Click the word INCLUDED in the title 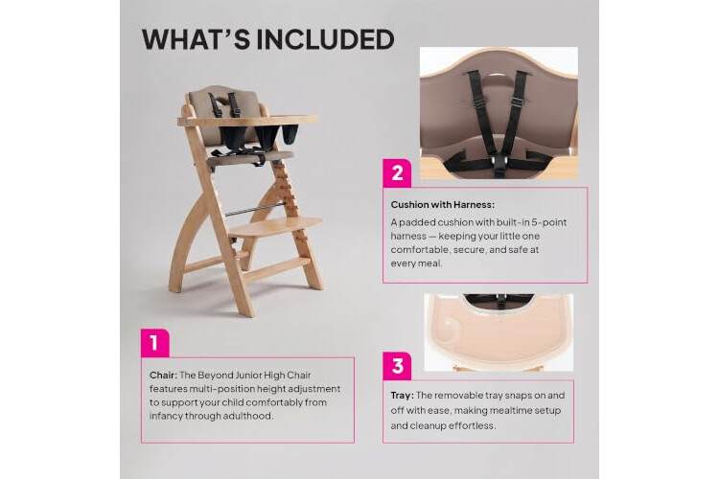325,39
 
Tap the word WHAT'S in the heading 196,39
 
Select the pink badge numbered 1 155,343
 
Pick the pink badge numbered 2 397,173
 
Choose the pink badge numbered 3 397,366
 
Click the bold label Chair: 163,375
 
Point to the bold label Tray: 402,395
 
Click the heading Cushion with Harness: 443,205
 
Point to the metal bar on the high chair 254,211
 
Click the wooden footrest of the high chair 274,227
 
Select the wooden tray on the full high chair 247,121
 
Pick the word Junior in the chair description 248,375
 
